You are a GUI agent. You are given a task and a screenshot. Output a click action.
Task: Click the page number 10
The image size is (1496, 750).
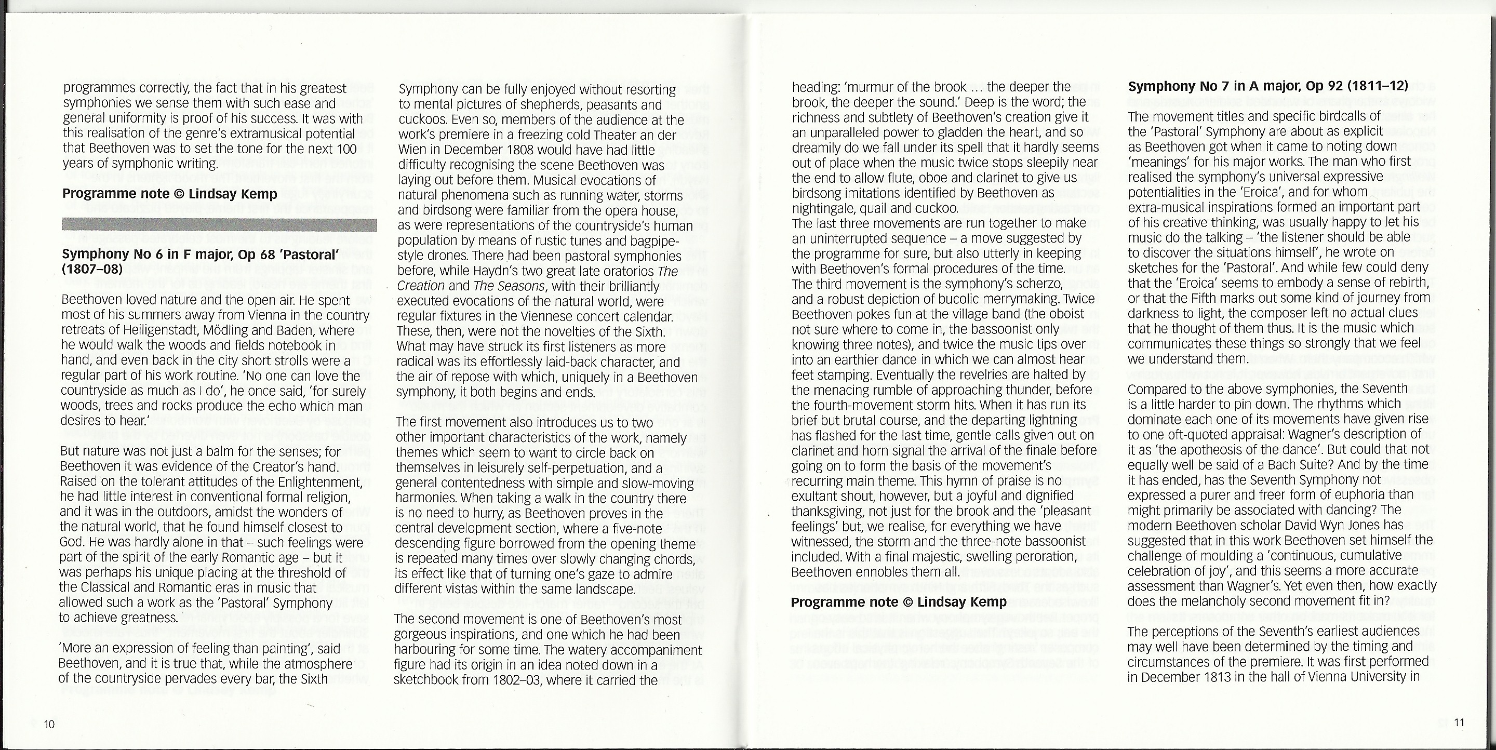coord(49,724)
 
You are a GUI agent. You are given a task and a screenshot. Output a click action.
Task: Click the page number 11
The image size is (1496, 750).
coord(1459,722)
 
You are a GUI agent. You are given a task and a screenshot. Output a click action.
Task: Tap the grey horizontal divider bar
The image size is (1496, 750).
coord(220,225)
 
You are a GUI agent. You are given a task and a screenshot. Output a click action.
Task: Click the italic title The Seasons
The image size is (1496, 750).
coord(509,286)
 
